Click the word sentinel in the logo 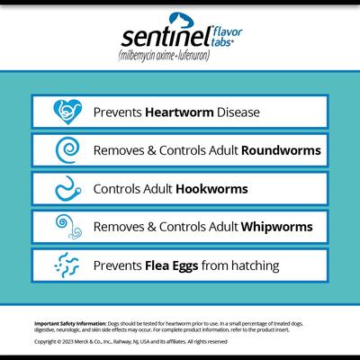pyautogui.click(x=167, y=37)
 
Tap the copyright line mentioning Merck pyautogui.click(x=130, y=342)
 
